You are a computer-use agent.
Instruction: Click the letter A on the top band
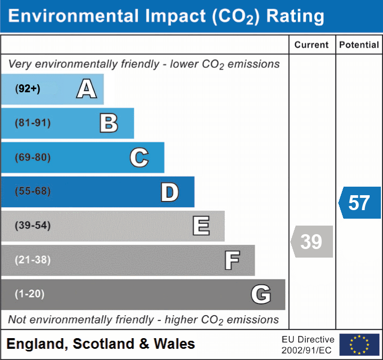(86, 89)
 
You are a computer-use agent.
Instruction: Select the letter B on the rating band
(109, 123)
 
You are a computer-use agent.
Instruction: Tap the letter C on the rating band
(139, 157)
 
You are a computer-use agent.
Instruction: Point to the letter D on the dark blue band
(169, 192)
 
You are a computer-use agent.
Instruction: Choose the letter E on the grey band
(200, 226)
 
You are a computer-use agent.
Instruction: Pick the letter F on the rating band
(231, 261)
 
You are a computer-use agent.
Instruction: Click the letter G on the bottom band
(261, 294)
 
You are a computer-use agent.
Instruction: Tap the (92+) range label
(28, 89)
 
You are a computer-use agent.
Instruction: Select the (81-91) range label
(33, 123)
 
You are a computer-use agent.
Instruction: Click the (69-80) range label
(33, 157)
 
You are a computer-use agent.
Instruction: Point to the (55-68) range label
(33, 191)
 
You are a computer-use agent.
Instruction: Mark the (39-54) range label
(33, 226)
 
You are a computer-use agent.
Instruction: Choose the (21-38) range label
(33, 260)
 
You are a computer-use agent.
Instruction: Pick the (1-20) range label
(30, 294)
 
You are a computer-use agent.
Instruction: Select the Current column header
(312, 45)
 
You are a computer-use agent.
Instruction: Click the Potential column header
(359, 45)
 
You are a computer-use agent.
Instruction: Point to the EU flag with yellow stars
(359, 345)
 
